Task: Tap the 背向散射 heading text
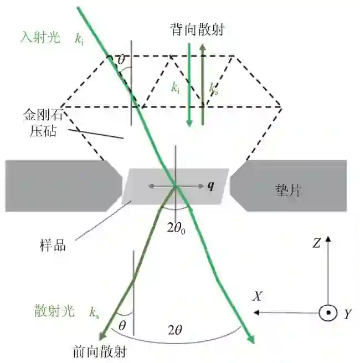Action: click(197, 30)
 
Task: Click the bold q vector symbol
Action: click(210, 186)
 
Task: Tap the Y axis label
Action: click(347, 314)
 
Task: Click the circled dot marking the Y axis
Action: click(328, 313)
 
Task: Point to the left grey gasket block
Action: click(61, 185)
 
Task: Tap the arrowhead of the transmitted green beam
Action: click(252, 339)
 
